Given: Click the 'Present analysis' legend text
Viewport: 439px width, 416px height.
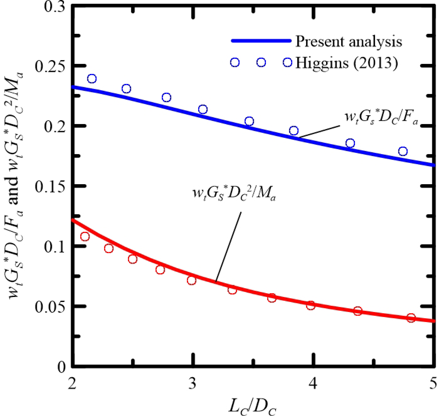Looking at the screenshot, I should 348,42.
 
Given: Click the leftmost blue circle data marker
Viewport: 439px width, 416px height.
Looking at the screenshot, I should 92,79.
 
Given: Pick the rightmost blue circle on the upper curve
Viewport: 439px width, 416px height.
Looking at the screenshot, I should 403,151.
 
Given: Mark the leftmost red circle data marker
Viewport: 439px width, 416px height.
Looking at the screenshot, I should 85,236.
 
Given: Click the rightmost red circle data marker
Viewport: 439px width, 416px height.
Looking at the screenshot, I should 411,318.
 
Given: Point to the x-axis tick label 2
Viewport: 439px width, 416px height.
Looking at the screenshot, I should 72,383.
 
